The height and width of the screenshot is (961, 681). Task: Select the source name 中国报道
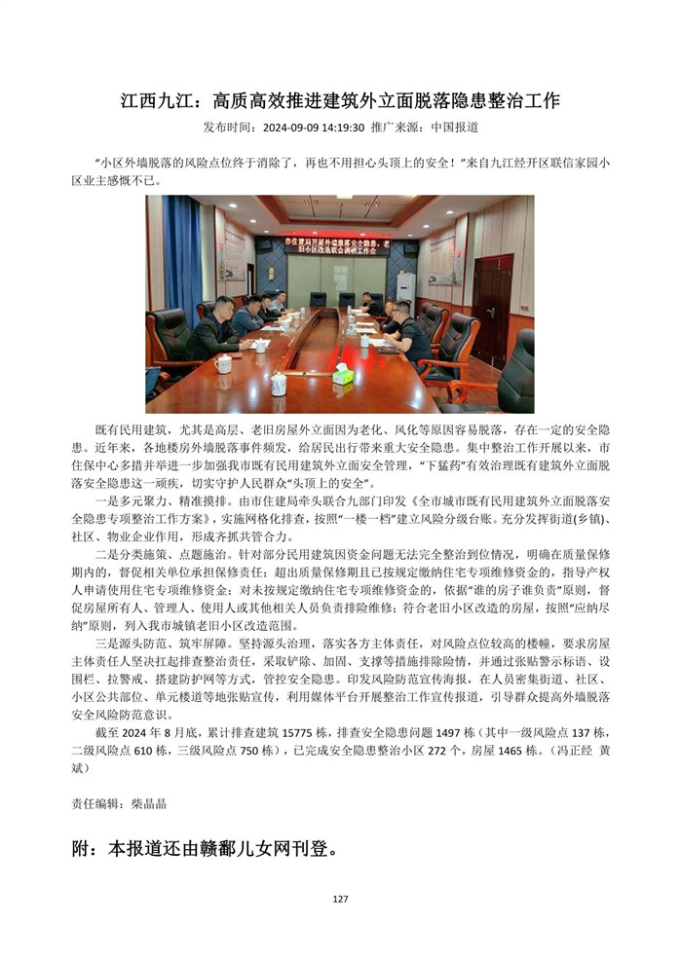pyautogui.click(x=454, y=128)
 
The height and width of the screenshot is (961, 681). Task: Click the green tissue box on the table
pyautogui.click(x=343, y=375)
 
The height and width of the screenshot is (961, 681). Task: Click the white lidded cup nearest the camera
pyautogui.click(x=279, y=384)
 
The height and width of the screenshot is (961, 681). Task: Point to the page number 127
pyautogui.click(x=340, y=899)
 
